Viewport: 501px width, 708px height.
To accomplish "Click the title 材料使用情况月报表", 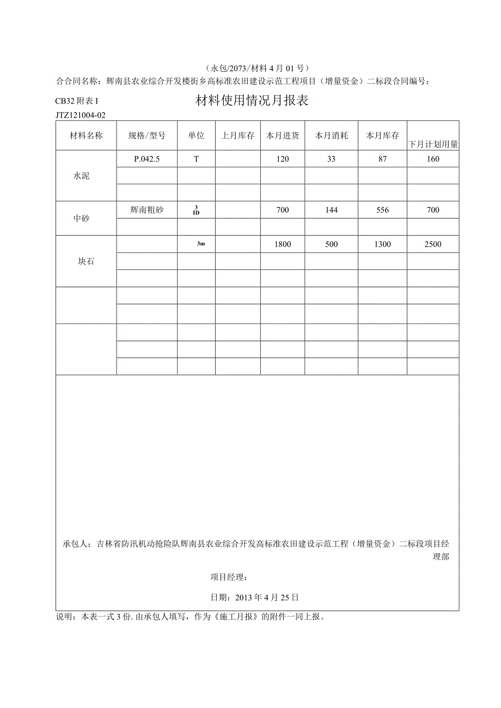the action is tap(252, 101).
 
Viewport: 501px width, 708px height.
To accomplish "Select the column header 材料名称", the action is tap(86, 136).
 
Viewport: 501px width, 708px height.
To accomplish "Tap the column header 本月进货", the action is tap(282, 136).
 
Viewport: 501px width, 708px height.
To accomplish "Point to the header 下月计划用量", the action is tap(433, 145).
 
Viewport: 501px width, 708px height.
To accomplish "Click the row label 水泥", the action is tap(81, 176).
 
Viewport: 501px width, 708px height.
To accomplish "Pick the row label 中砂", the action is tap(81, 219).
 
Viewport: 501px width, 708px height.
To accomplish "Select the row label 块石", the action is tap(86, 261).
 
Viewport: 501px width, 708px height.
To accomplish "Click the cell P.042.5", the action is tap(146, 159).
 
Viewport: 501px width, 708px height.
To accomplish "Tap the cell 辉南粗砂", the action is tap(146, 210).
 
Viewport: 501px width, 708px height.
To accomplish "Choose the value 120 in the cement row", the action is tap(282, 159).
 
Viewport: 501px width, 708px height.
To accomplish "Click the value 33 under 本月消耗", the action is tap(331, 159).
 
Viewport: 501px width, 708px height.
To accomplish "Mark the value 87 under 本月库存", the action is tap(382, 159).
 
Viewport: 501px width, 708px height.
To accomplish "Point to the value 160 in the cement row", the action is tap(433, 159).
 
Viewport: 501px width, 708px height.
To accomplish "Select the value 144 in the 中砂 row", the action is tap(331, 210).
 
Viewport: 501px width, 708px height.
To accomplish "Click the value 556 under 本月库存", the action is tap(382, 210).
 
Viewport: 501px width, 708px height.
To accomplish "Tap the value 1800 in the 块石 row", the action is tap(282, 244).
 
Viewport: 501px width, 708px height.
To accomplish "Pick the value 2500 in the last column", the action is tap(433, 244).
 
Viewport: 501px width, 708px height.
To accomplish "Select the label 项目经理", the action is tap(229, 577).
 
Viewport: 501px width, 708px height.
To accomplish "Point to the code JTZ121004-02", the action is tap(80, 115).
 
